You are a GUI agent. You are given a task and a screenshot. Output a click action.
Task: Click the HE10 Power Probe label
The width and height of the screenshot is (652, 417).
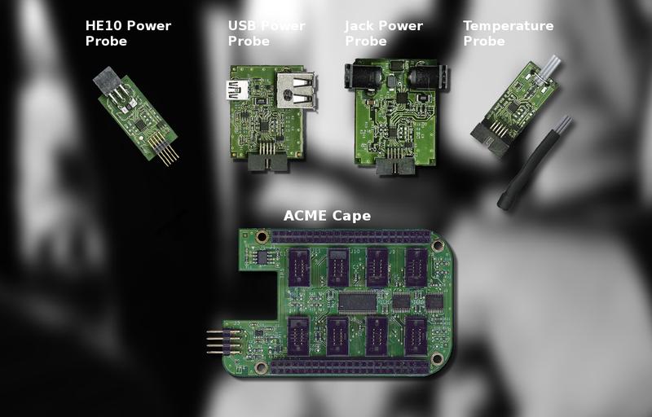point(128,33)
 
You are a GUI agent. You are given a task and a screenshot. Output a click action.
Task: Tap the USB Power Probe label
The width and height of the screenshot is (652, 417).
point(267,33)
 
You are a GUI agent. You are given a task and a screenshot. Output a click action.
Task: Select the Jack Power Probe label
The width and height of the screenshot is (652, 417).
point(384,33)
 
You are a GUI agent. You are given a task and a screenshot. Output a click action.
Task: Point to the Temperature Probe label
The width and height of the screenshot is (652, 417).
point(508,33)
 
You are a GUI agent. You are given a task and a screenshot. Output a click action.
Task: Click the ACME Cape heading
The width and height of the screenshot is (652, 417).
point(328,216)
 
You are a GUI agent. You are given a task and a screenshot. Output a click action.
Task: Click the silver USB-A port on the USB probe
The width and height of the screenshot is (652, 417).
point(296,90)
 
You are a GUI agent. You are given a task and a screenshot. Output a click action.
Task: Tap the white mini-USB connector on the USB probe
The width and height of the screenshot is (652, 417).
point(237,90)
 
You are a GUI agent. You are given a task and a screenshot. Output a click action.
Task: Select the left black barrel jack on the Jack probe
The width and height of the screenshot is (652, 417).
point(359,76)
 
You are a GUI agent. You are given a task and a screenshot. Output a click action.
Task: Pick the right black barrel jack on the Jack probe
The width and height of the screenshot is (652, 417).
point(427,77)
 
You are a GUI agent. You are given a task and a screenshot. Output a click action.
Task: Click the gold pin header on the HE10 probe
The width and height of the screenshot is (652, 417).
point(165,149)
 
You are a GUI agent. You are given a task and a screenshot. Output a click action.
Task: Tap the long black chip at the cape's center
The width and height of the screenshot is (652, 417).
point(358,302)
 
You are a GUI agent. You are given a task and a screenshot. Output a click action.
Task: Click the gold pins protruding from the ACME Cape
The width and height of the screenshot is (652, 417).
point(223,342)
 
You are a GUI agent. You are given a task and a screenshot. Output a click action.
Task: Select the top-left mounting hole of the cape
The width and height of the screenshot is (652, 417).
point(262,237)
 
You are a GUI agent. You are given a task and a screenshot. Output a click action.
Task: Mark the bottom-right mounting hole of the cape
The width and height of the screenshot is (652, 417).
point(437,358)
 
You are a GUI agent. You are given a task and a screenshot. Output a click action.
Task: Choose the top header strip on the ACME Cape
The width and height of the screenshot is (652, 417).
point(350,237)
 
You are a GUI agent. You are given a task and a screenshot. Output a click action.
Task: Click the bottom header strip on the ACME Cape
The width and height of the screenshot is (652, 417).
point(350,367)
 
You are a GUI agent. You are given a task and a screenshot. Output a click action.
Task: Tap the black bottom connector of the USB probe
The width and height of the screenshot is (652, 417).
point(268,161)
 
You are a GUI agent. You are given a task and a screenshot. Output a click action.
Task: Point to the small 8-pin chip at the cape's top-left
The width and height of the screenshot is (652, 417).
point(262,257)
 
